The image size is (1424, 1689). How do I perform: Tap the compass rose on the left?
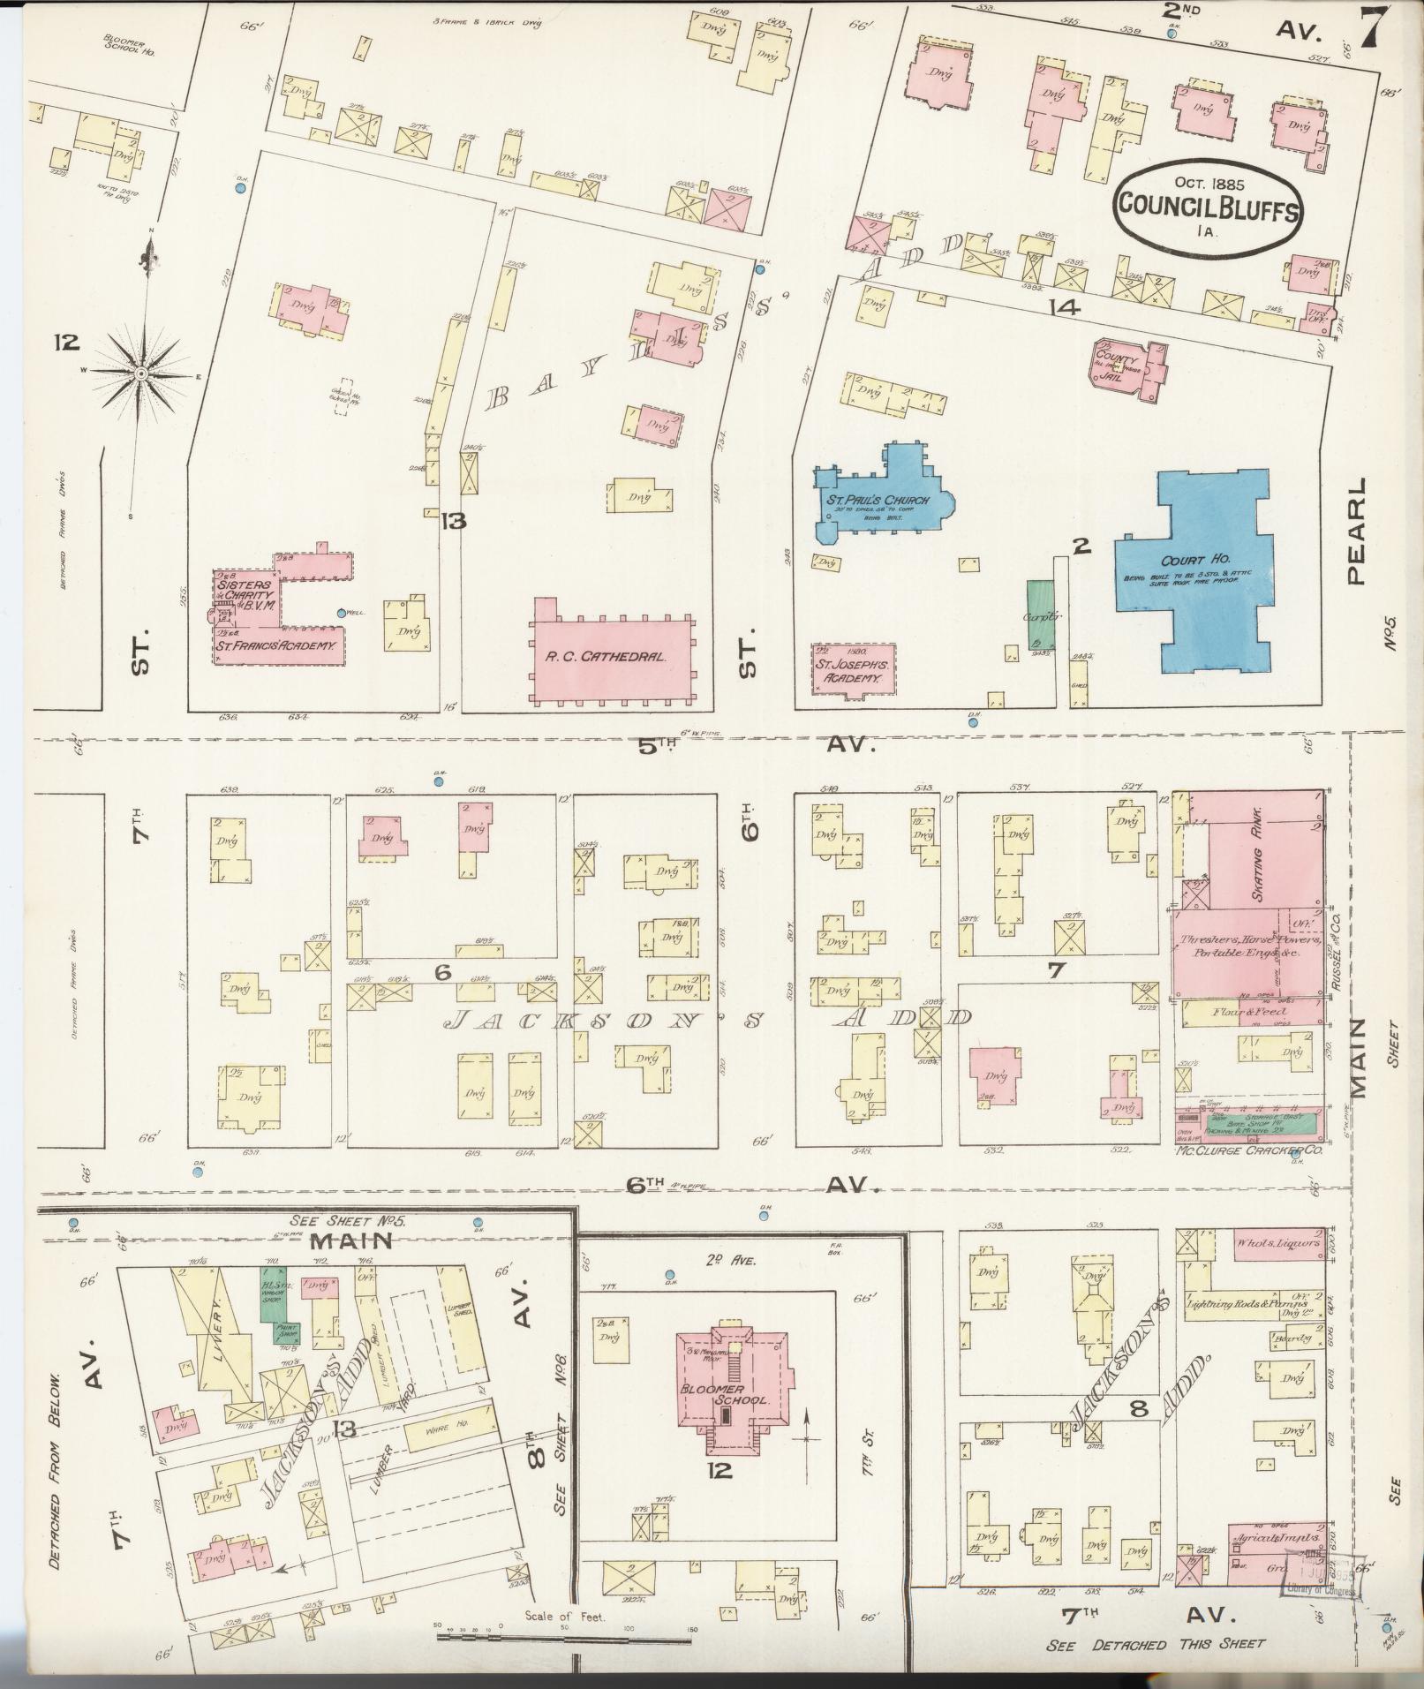[x=140, y=375]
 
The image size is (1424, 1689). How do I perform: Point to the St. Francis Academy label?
[x=277, y=646]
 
